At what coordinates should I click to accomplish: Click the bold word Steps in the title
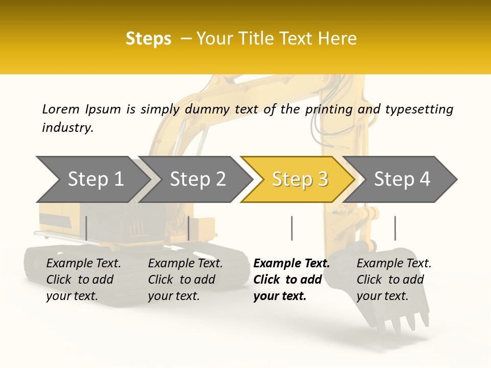point(148,39)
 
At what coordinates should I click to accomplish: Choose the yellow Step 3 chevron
point(300,179)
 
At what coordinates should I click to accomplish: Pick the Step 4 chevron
point(402,179)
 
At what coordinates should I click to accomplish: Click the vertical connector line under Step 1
point(86,228)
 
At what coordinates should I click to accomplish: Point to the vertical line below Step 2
point(189,228)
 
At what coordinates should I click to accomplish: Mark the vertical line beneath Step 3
point(292,228)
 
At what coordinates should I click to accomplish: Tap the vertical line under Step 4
point(395,228)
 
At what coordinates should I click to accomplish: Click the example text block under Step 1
point(83,280)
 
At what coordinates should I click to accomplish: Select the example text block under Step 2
point(185,280)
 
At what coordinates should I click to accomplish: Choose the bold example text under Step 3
point(291,280)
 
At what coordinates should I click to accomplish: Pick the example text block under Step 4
point(394,280)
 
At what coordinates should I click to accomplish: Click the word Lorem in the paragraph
point(61,109)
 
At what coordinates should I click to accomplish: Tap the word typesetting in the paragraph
point(419,109)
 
